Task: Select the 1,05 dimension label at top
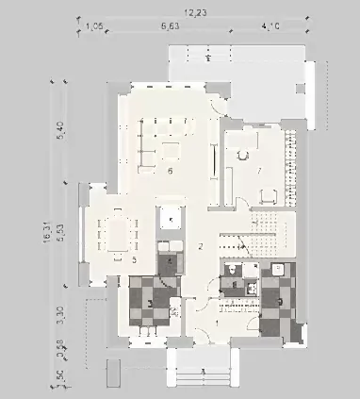(93, 26)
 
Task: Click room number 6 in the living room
(169, 173)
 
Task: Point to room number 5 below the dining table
(135, 258)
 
